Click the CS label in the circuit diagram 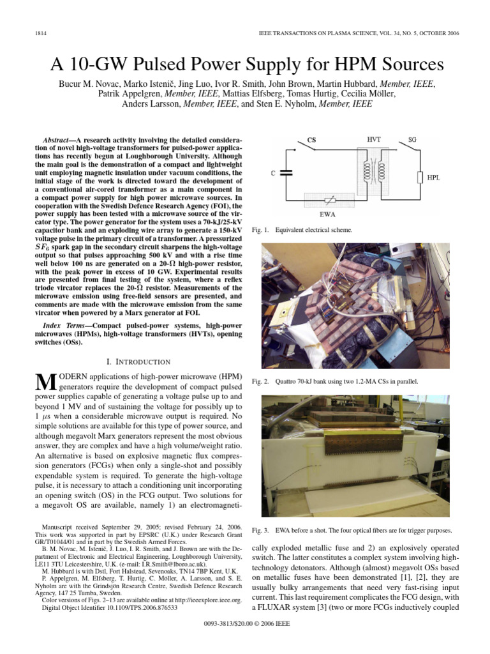click(311, 139)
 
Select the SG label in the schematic click(412, 139)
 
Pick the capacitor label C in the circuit click(274, 172)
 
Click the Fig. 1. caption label click(261, 229)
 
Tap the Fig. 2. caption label click(261, 381)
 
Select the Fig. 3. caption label click(261, 531)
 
